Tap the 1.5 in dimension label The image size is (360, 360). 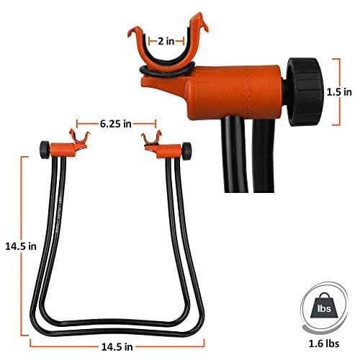[x=336, y=93]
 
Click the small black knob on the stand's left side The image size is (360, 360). [x=45, y=149]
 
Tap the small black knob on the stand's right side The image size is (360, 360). [x=187, y=150]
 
